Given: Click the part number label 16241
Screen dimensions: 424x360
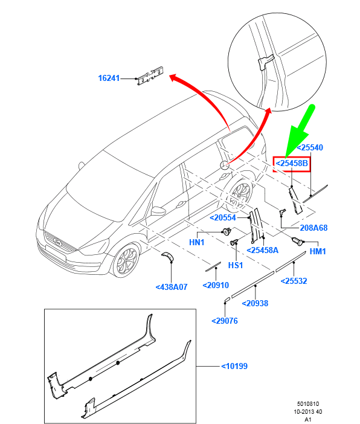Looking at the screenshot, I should pos(110,78).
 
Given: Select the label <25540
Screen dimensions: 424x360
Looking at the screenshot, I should pos(310,147).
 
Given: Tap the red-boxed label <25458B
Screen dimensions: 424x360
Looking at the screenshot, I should pos(292,163).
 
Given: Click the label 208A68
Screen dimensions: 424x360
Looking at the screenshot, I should pos(313,228).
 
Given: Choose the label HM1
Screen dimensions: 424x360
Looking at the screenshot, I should pos(318,251).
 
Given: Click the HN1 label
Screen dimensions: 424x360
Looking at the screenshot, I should pos(198,242).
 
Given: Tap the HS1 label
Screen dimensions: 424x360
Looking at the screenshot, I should pos(234,265).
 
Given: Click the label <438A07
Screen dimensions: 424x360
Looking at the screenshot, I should pos(172,287).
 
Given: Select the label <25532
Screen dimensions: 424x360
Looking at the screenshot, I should pos(294,281).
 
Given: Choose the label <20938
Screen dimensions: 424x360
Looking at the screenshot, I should pos(255,304).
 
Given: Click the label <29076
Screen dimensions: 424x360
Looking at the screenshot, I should pos(225,321).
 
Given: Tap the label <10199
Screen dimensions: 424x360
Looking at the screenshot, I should pos(234,366).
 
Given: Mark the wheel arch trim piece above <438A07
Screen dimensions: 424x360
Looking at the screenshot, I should pos(167,256).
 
